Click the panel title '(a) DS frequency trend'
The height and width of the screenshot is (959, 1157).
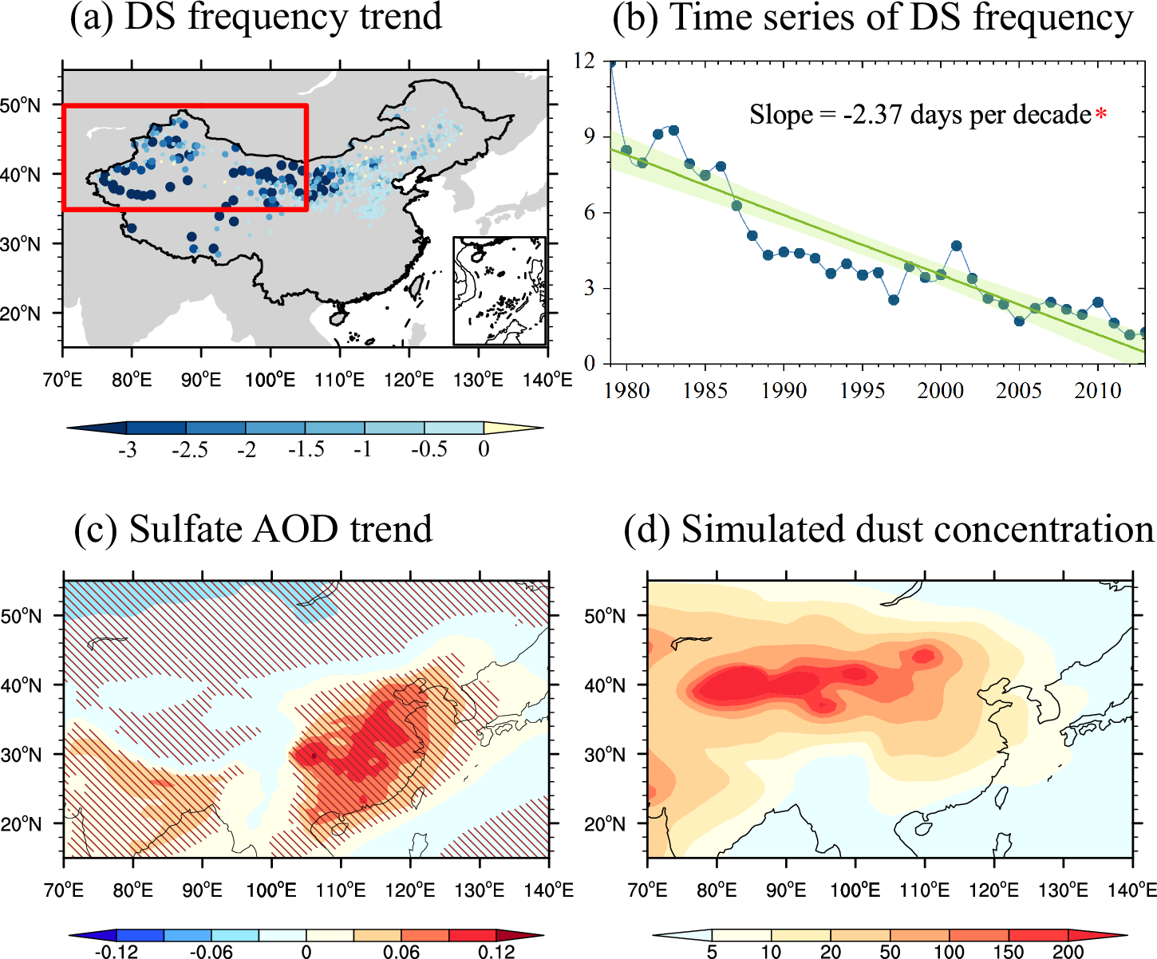[x=255, y=18]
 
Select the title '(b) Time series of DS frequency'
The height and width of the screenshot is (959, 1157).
[x=872, y=18]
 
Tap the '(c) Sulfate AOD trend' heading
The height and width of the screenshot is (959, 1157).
[x=253, y=530]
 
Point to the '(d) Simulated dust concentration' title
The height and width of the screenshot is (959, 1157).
[x=889, y=530]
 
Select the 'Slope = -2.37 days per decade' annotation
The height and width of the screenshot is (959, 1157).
[x=920, y=116]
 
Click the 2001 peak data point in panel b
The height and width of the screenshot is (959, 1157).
[x=957, y=247]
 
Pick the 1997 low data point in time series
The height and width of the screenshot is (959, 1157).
[x=894, y=300]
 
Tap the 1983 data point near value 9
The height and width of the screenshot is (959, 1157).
[x=673, y=130]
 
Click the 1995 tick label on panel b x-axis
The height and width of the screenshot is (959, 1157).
[x=862, y=391]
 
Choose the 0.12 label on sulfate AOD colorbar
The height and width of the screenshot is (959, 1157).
[x=496, y=952]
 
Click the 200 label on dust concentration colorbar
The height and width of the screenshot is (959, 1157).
[x=1068, y=952]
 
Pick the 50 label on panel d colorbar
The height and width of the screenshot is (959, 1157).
[x=890, y=952]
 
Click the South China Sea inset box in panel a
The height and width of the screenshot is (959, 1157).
[x=500, y=291]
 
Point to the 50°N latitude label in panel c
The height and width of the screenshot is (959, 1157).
[x=21, y=616]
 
